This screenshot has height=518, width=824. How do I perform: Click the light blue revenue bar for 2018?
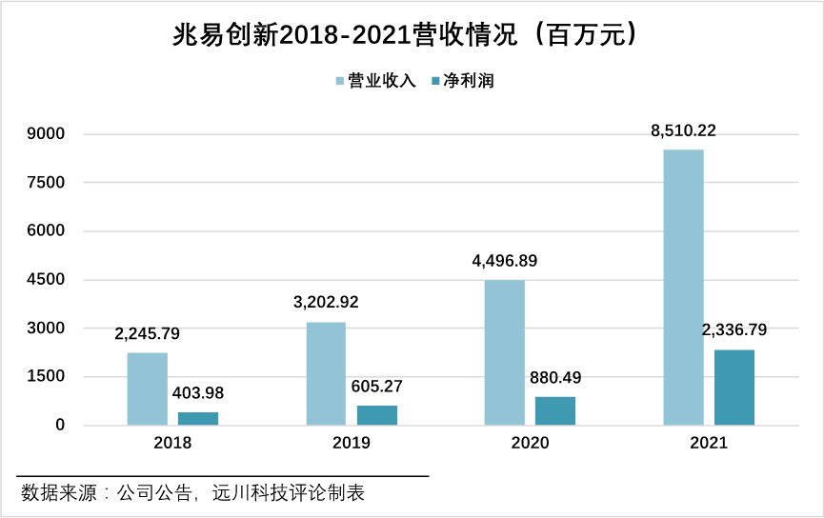148,388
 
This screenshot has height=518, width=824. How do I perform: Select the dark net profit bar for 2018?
198,418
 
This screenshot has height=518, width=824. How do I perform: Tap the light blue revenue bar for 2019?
326,373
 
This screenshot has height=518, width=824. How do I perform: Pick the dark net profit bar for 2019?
377,415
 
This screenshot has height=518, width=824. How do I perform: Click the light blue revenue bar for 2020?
505,352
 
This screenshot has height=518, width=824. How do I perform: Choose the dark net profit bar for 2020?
555,410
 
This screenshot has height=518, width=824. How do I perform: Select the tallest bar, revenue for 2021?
683,287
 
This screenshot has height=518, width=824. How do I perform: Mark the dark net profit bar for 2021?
734,388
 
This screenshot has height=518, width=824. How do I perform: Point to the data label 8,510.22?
683,130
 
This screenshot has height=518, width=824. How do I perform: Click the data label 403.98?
198,392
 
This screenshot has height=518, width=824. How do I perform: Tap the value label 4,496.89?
505,260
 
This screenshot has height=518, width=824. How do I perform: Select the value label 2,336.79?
734,330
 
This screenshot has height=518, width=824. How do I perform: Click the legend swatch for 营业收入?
340,81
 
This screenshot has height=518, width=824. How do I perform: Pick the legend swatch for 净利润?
437,81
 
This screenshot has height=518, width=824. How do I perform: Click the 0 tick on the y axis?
60,425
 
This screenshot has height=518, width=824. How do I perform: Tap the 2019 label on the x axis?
352,443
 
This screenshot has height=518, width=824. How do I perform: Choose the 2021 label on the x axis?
709,443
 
